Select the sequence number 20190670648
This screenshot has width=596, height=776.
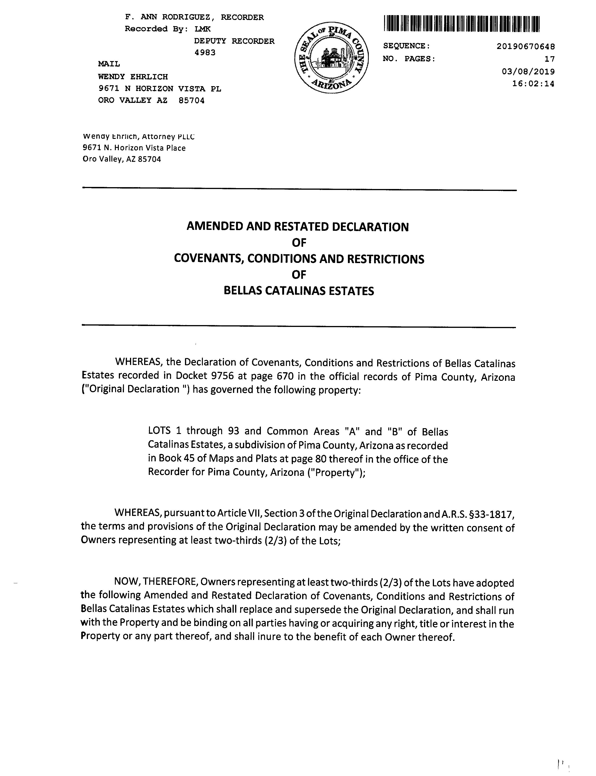pos(526,46)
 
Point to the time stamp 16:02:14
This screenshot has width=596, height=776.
pos(533,84)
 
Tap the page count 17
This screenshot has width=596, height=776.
pos(550,59)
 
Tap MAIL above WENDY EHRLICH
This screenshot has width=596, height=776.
pos(109,64)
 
